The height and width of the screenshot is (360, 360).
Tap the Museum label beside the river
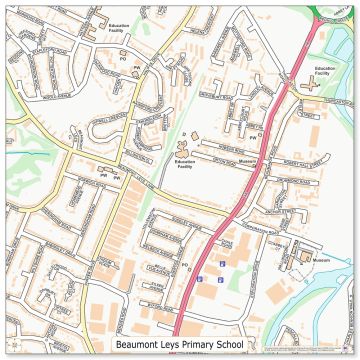[x=321, y=260]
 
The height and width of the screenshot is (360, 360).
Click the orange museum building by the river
[x=301, y=258]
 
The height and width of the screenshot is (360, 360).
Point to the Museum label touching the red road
[x=248, y=161]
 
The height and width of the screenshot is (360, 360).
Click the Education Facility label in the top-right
[x=322, y=71]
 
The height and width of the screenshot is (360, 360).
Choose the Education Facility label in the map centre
[x=184, y=164]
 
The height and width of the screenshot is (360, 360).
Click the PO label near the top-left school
[x=123, y=60]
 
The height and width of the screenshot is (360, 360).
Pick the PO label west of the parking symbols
[x=185, y=265]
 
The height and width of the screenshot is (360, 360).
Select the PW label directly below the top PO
[x=136, y=69]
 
